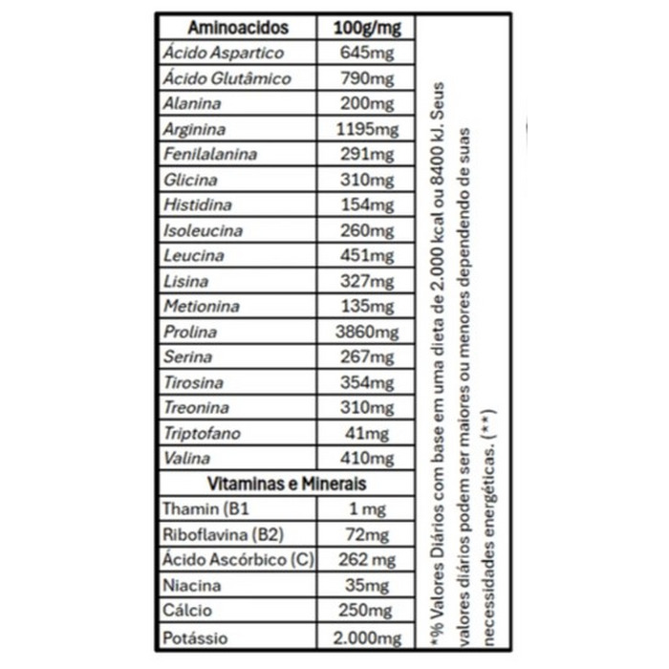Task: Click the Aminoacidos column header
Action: point(239,28)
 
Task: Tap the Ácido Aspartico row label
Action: point(224,54)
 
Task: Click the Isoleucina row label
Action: point(204,230)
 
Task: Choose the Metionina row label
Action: point(201,307)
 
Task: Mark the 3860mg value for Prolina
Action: point(368,332)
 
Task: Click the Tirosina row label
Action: point(195,382)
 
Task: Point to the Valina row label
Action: point(187,459)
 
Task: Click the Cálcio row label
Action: point(188,610)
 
